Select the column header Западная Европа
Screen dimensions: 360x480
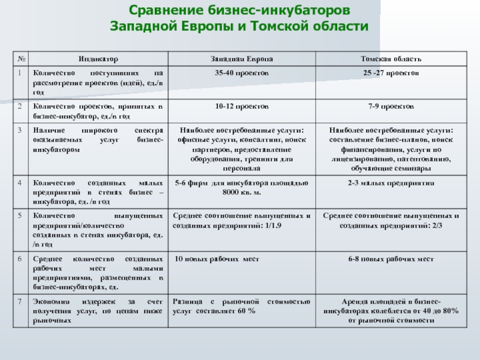[x=242, y=59]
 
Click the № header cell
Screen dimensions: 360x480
[x=21, y=59]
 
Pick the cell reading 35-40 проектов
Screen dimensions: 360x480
[x=242, y=73]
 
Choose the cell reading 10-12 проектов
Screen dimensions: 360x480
[x=242, y=106]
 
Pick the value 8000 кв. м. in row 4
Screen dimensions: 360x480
[x=242, y=191]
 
